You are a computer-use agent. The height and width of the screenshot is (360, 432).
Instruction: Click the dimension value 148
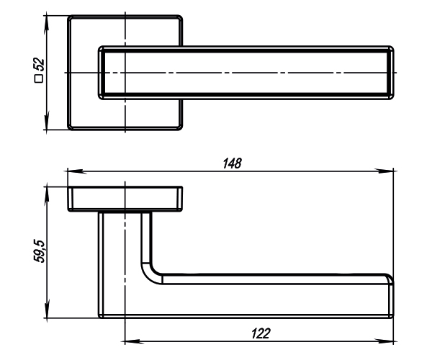tap(232, 163)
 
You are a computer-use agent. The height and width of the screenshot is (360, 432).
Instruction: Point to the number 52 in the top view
tap(40, 66)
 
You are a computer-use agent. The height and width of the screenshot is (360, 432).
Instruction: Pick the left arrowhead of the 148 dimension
tap(72, 171)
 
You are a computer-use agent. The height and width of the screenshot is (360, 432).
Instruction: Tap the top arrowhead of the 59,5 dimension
tap(47, 190)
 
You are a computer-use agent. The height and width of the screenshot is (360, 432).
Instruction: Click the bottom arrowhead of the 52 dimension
tap(47, 125)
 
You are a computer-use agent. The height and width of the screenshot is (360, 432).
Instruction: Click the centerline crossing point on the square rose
tap(125, 73)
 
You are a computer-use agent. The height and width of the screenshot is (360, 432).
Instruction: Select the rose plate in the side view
tap(125, 199)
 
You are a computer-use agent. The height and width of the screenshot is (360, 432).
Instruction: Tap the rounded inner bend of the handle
tap(153, 271)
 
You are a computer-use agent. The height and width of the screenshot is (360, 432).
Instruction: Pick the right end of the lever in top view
tap(392, 73)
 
